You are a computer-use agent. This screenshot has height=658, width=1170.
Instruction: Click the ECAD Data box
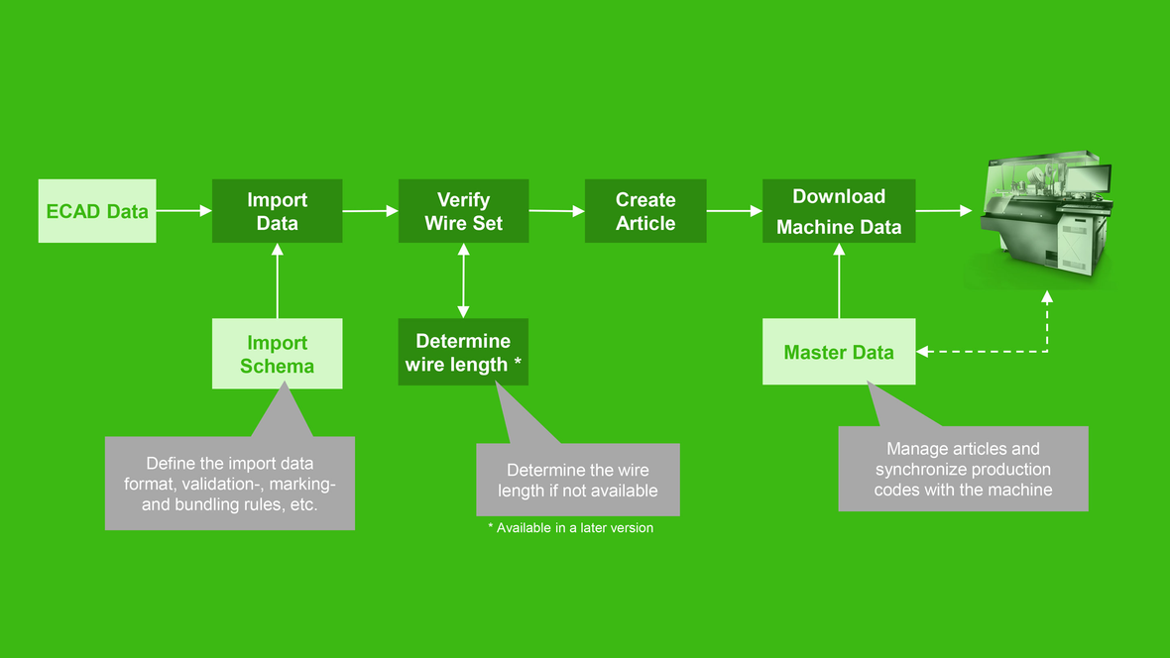tap(97, 210)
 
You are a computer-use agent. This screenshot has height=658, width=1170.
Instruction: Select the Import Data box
tap(277, 210)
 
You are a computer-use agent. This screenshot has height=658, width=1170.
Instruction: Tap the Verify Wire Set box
tap(463, 210)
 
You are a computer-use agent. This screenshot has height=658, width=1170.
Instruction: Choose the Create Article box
tap(645, 210)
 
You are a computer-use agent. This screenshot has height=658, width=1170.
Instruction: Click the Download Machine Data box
tap(839, 210)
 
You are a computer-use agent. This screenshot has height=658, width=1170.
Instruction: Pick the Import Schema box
tap(277, 354)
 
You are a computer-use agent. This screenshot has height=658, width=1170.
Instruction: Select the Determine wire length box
tap(463, 352)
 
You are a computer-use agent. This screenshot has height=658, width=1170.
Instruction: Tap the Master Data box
tap(839, 352)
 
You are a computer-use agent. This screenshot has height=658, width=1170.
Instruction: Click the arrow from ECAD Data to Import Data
tap(184, 211)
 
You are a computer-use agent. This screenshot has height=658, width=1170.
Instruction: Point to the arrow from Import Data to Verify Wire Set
tap(370, 211)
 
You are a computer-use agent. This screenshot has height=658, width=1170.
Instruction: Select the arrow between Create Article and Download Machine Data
tap(735, 211)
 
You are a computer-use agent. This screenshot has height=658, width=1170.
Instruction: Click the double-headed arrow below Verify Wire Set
tap(463, 280)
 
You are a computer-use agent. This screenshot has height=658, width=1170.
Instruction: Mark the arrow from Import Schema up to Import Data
tap(277, 280)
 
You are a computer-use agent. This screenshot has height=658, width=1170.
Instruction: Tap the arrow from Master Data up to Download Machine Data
tap(839, 280)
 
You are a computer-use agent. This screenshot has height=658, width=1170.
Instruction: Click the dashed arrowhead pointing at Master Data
tap(922, 352)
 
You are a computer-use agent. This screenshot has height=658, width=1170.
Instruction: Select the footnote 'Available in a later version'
tap(575, 527)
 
